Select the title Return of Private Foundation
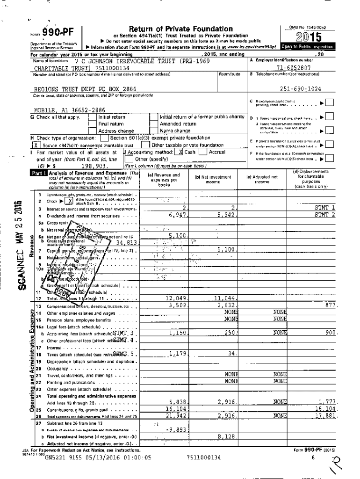[180, 29]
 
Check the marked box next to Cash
[180, 152]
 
